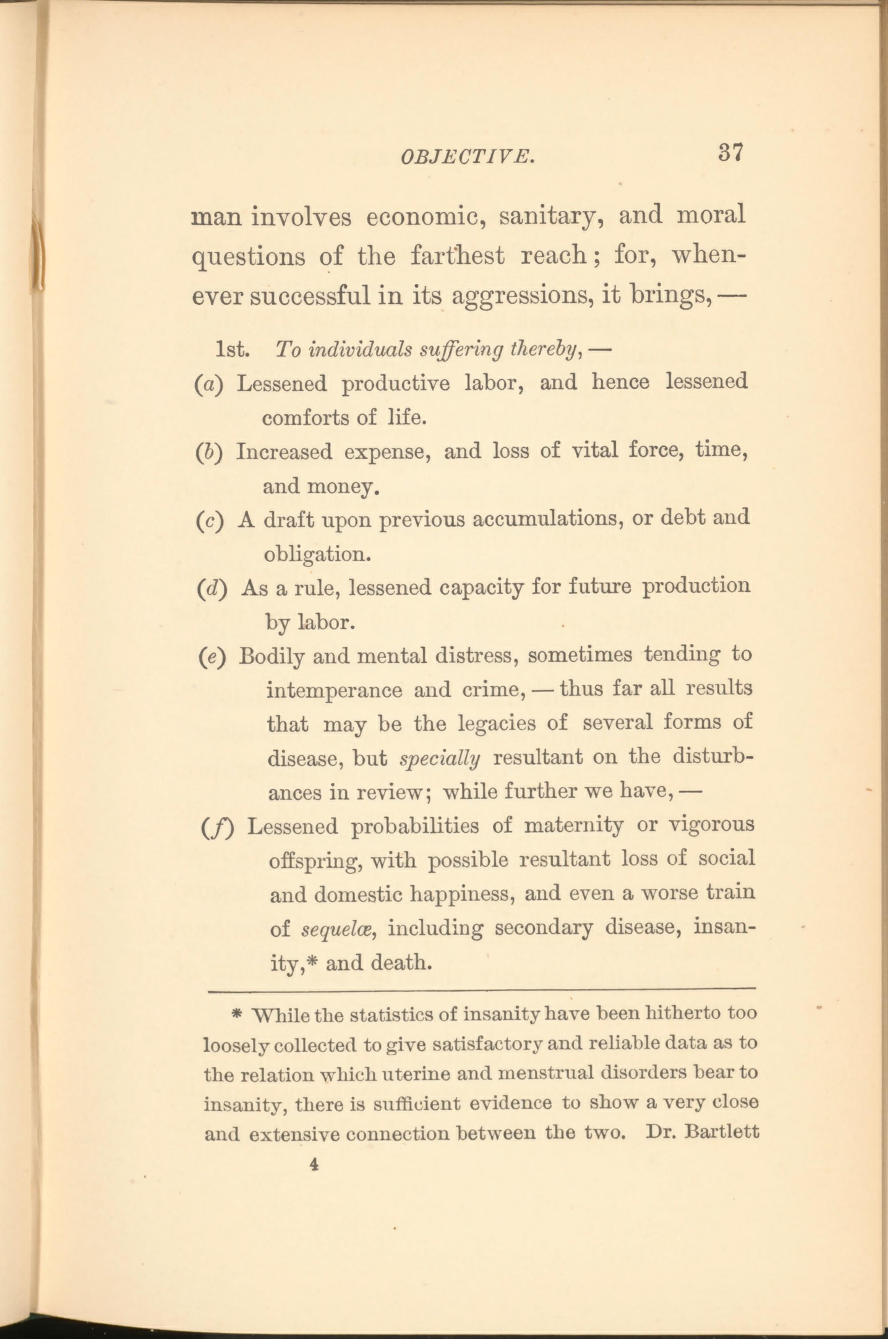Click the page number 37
click(730, 152)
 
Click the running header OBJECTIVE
click(467, 157)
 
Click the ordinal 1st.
click(233, 350)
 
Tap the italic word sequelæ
click(336, 930)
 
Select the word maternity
click(573, 826)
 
